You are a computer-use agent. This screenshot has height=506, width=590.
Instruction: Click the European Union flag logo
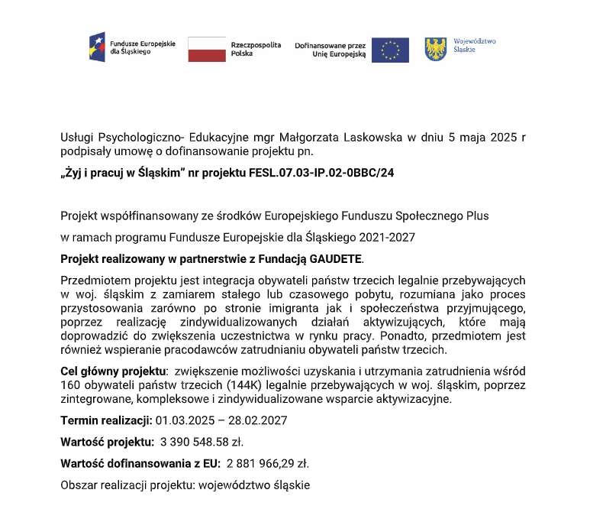[x=390, y=50]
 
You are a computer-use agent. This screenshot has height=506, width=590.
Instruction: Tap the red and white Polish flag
[x=207, y=49]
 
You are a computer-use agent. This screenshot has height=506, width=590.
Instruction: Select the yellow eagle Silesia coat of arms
[x=435, y=49]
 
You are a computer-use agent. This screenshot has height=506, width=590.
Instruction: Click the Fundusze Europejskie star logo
[x=97, y=47]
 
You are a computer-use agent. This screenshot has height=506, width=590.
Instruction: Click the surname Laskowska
[x=372, y=138]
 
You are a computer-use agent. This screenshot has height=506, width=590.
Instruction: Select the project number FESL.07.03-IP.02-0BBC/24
[x=321, y=173]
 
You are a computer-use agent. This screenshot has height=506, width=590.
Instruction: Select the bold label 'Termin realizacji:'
[x=106, y=420]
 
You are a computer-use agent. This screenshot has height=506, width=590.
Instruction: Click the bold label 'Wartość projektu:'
[x=105, y=442]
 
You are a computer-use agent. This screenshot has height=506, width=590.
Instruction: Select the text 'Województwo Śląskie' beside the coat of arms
[x=475, y=44]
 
